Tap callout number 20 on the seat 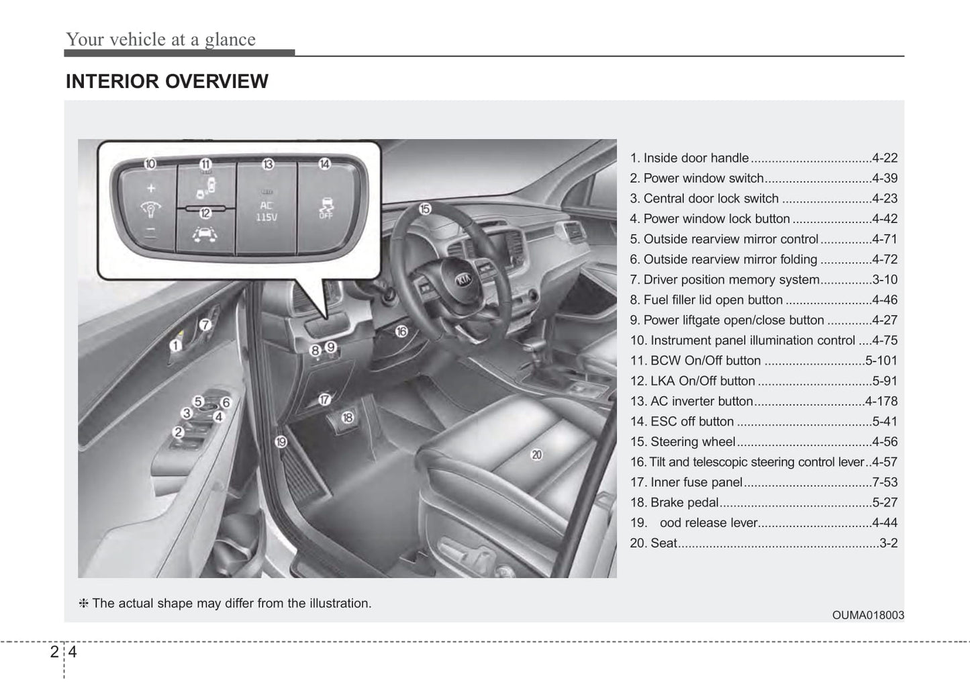[536, 455]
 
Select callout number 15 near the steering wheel [425, 209]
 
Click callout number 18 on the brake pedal [347, 418]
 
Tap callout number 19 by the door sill [281, 441]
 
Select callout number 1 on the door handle [175, 345]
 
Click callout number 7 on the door [205, 325]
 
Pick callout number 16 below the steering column [401, 331]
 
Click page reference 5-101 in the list [881, 361]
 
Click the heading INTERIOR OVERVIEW [166, 81]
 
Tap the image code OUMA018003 [868, 615]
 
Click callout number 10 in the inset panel [150, 164]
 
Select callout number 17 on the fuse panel [325, 399]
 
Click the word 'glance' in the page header [230, 40]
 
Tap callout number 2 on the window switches [179, 432]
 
